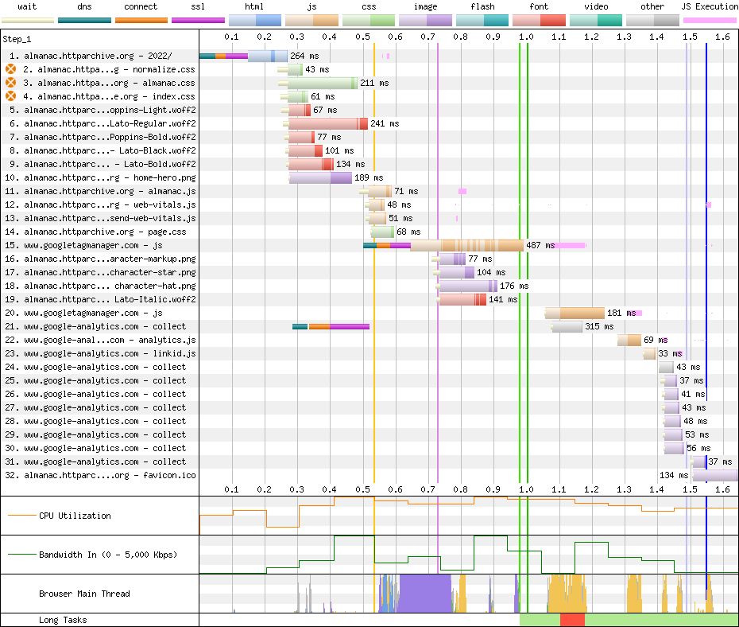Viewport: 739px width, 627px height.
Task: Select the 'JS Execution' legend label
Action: pyautogui.click(x=710, y=7)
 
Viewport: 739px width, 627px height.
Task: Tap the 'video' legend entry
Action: pyautogui.click(x=596, y=7)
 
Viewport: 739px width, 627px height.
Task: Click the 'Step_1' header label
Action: pyautogui.click(x=17, y=38)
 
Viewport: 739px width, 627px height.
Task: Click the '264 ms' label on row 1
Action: pyautogui.click(x=304, y=56)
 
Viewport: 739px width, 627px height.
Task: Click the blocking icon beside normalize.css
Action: pyautogui.click(x=11, y=69)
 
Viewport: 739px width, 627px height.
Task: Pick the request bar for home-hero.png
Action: pyautogui.click(x=320, y=178)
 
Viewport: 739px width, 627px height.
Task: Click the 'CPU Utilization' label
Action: pyautogui.click(x=75, y=516)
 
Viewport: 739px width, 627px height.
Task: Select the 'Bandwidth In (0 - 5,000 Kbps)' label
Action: pyautogui.click(x=108, y=555)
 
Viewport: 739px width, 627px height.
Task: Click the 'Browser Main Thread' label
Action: pyautogui.click(x=84, y=594)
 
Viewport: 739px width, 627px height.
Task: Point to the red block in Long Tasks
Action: pyautogui.click(x=572, y=620)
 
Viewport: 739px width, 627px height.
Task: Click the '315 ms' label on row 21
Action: pyautogui.click(x=593, y=326)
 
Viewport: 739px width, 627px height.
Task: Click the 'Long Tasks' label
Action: pyautogui.click(x=63, y=620)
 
